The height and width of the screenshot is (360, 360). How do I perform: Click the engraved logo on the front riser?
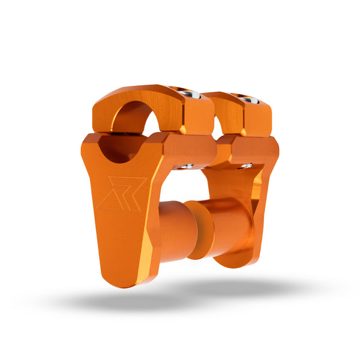pyautogui.click(x=120, y=193)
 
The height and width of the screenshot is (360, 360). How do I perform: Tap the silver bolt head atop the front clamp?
pyautogui.click(x=192, y=94)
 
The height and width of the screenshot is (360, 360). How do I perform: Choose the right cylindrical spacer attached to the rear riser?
pyautogui.click(x=231, y=231)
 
